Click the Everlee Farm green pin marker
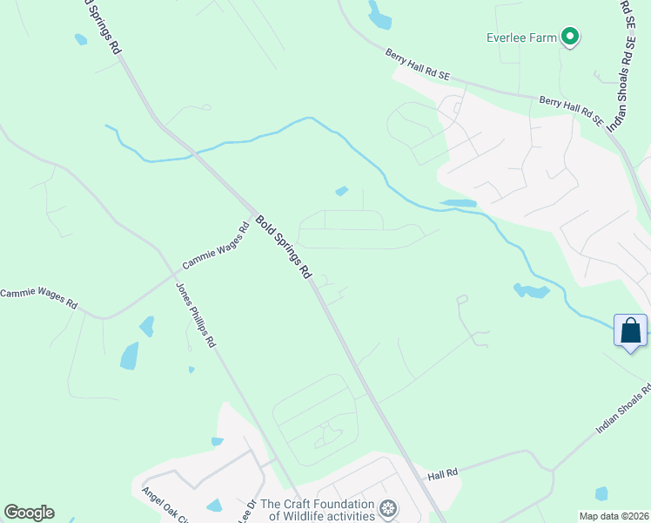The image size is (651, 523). [x=570, y=37]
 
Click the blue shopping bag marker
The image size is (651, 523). [x=630, y=331]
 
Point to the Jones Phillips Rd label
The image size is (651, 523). [x=196, y=315]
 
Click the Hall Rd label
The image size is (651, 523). [x=443, y=475]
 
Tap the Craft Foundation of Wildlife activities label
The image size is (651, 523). [x=318, y=510]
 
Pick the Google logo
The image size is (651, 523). [x=29, y=513]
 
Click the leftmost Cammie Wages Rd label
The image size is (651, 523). [x=38, y=299]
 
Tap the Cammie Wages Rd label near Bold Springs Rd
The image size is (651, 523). [x=216, y=248]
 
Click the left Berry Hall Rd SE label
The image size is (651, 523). [x=418, y=65]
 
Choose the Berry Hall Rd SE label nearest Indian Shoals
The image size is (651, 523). [x=570, y=111]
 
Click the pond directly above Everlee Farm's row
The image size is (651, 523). [x=379, y=14]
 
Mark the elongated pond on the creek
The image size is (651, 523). [x=458, y=203]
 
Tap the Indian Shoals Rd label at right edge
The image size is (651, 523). [x=623, y=410]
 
